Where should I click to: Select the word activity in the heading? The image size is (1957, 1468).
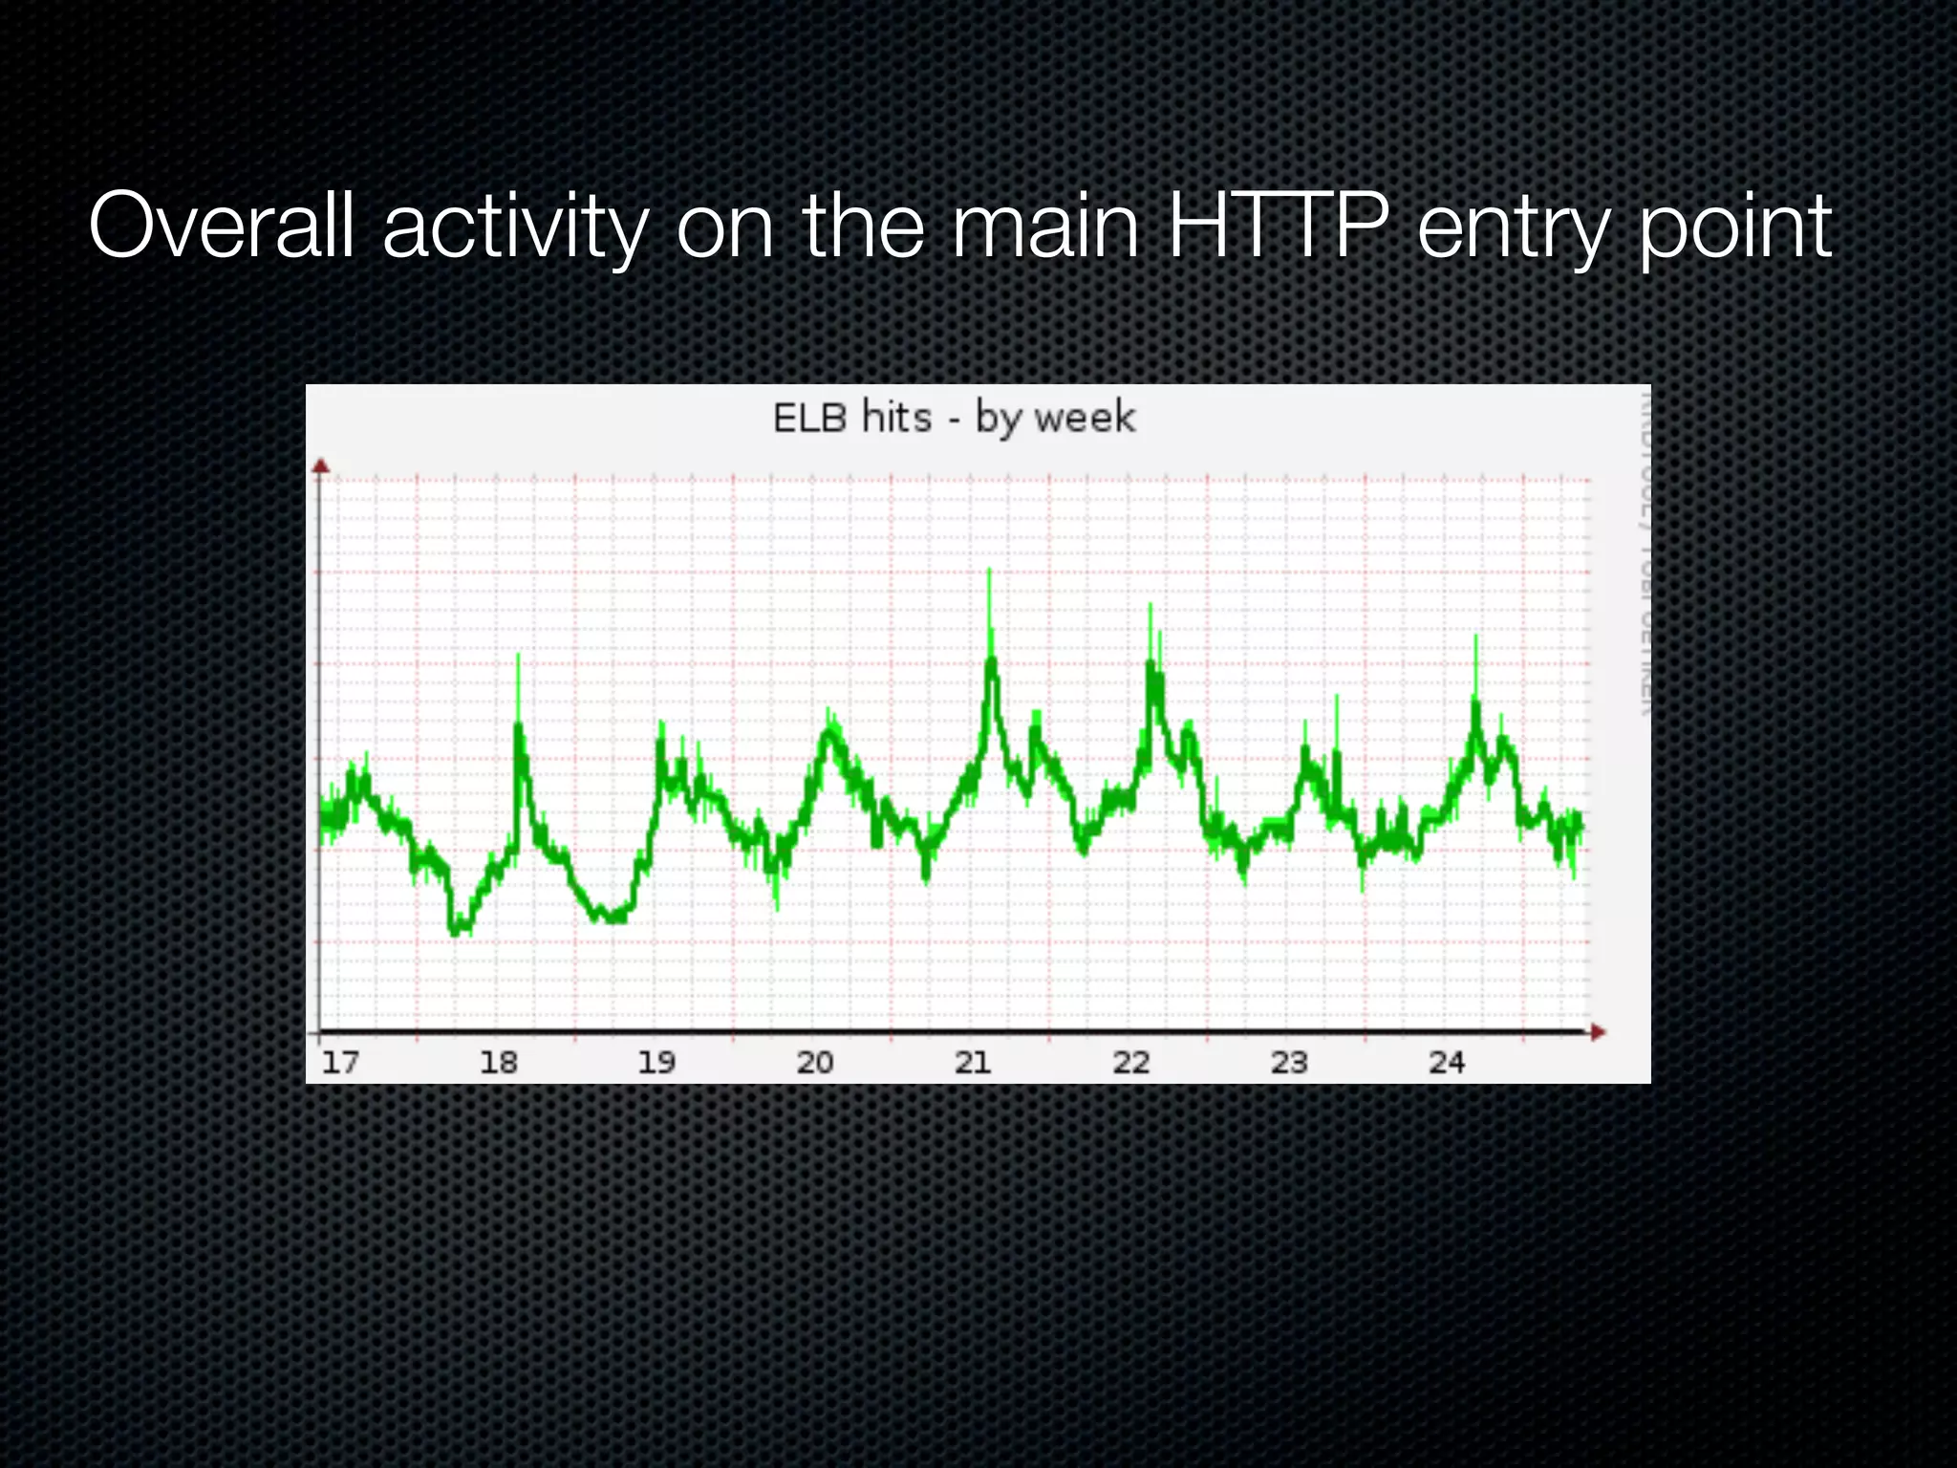515,229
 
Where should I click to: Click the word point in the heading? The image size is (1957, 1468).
1734,229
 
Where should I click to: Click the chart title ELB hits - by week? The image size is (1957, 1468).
954,419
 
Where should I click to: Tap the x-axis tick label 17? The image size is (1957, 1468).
340,1062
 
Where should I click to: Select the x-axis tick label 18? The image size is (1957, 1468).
498,1062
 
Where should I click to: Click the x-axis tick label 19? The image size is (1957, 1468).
656,1062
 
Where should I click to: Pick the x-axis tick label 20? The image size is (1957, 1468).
815,1062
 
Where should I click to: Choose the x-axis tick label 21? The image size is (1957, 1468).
973,1062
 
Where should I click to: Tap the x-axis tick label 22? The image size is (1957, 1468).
1130,1062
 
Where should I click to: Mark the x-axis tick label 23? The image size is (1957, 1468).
1288,1062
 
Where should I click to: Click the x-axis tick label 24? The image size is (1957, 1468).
1446,1062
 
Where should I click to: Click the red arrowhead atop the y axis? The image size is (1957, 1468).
321,465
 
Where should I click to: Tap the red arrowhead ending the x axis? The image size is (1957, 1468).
1597,1032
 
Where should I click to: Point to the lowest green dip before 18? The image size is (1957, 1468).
457,929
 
